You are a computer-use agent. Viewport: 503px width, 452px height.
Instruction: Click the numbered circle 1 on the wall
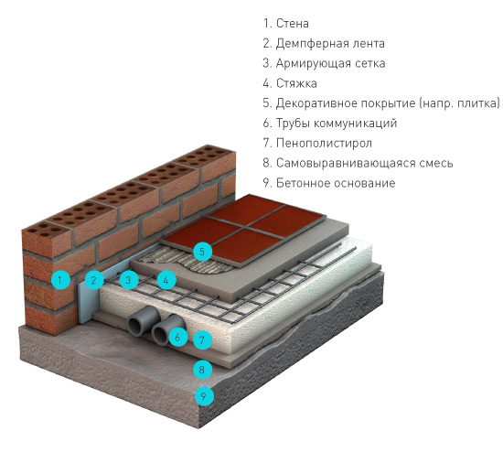coord(60,280)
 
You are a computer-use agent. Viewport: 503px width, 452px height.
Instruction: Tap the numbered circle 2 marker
coord(94,280)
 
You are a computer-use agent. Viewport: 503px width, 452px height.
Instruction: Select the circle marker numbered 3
coord(129,280)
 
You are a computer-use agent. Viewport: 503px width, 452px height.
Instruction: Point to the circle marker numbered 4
coord(166,280)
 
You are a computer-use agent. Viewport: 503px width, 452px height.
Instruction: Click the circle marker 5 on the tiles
coord(202,251)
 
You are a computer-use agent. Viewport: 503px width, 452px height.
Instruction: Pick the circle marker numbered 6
coord(178,337)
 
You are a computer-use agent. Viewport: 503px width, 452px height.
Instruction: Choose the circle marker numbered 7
coord(202,339)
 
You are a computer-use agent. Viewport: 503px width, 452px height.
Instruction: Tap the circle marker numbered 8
coord(202,370)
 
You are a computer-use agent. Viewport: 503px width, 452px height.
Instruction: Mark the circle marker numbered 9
coord(204,396)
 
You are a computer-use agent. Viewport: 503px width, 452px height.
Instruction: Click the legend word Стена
coord(293,24)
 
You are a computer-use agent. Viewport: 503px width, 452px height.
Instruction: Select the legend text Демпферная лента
coord(330,43)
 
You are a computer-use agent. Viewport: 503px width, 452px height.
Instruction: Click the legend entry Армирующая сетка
coord(330,63)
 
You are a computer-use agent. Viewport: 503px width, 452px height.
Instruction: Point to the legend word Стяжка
coord(296,83)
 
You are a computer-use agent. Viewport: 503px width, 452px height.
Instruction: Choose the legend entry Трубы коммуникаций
coord(337,124)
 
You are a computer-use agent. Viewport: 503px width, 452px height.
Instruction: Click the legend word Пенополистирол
coord(324,143)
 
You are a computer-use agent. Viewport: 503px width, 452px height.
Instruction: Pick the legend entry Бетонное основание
coord(336,183)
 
